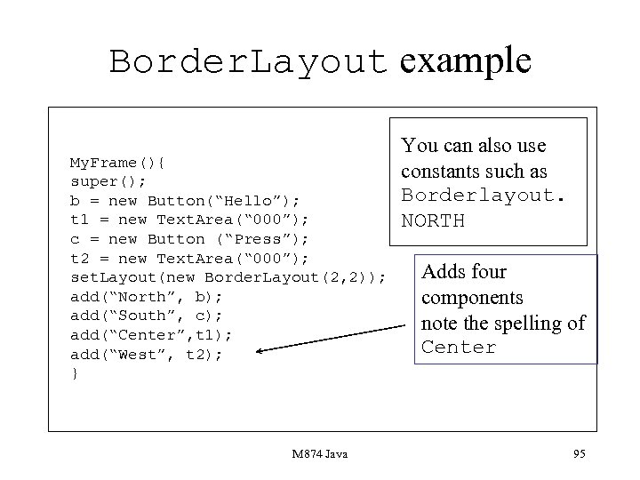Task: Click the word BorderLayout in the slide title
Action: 249,61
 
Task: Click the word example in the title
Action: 466,60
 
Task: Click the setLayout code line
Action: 228,277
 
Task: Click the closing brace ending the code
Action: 75,373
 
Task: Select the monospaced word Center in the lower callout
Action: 459,348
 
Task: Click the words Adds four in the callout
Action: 463,272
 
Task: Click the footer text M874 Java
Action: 319,455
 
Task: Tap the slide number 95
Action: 580,455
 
